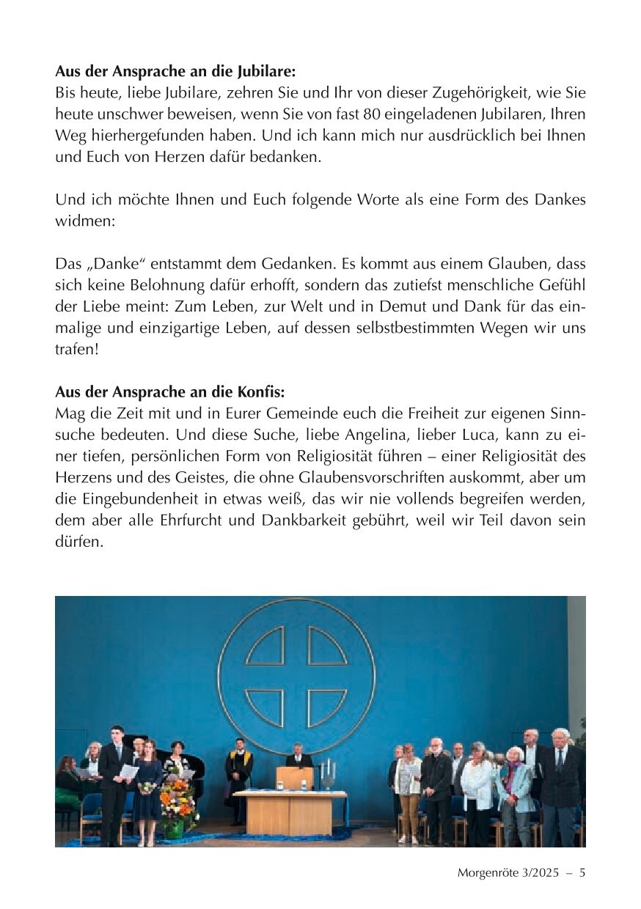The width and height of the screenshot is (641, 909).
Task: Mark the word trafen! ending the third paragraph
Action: (x=77, y=349)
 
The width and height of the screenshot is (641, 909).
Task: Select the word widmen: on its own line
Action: (x=85, y=221)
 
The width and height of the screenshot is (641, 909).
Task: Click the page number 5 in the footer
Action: (x=582, y=872)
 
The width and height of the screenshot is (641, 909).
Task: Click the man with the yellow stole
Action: (x=238, y=777)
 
